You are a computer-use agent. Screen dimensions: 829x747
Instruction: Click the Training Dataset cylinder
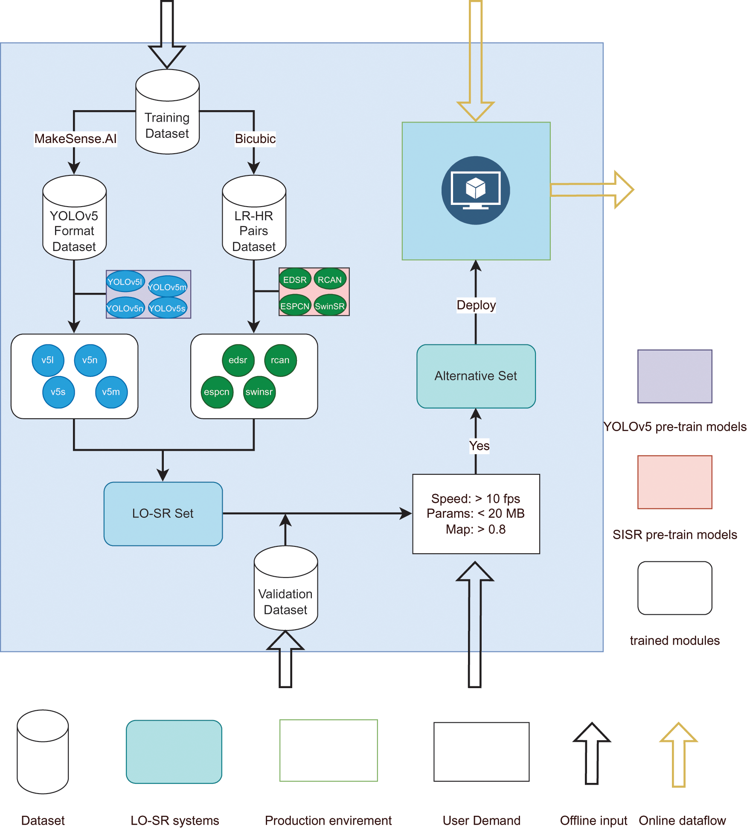pos(167,112)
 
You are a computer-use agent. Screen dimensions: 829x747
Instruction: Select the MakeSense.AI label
pos(76,139)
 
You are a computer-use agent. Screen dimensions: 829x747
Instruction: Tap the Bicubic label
pos(255,139)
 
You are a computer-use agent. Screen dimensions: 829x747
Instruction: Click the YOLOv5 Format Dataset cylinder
pos(74,218)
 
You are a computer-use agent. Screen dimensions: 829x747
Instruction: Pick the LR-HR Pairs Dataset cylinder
pos(254,218)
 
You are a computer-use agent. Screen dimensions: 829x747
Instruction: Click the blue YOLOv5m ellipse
pos(167,287)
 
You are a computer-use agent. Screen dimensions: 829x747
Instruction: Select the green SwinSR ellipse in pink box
pos(330,306)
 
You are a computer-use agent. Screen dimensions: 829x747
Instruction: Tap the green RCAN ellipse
pos(330,280)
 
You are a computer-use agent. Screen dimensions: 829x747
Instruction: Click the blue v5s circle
pos(58,392)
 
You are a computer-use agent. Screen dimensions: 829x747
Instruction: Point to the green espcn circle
pos(217,392)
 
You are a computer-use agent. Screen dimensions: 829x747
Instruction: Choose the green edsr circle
pos(238,360)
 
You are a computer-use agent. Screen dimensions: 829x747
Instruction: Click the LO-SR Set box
pos(163,514)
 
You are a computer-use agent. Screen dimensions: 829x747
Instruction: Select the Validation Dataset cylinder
pos(285,589)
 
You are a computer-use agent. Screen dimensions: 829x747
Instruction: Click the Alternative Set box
pos(476,376)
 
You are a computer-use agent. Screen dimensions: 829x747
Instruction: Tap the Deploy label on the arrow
pos(476,305)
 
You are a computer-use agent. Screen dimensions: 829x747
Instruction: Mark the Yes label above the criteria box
pos(479,446)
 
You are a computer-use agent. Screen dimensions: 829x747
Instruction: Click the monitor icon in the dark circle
pos(476,190)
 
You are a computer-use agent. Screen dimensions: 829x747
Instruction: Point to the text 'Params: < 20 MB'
pos(476,514)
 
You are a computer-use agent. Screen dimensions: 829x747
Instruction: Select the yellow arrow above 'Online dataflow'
pos(678,755)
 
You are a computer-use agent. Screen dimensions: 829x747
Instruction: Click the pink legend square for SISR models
pos(674,482)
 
